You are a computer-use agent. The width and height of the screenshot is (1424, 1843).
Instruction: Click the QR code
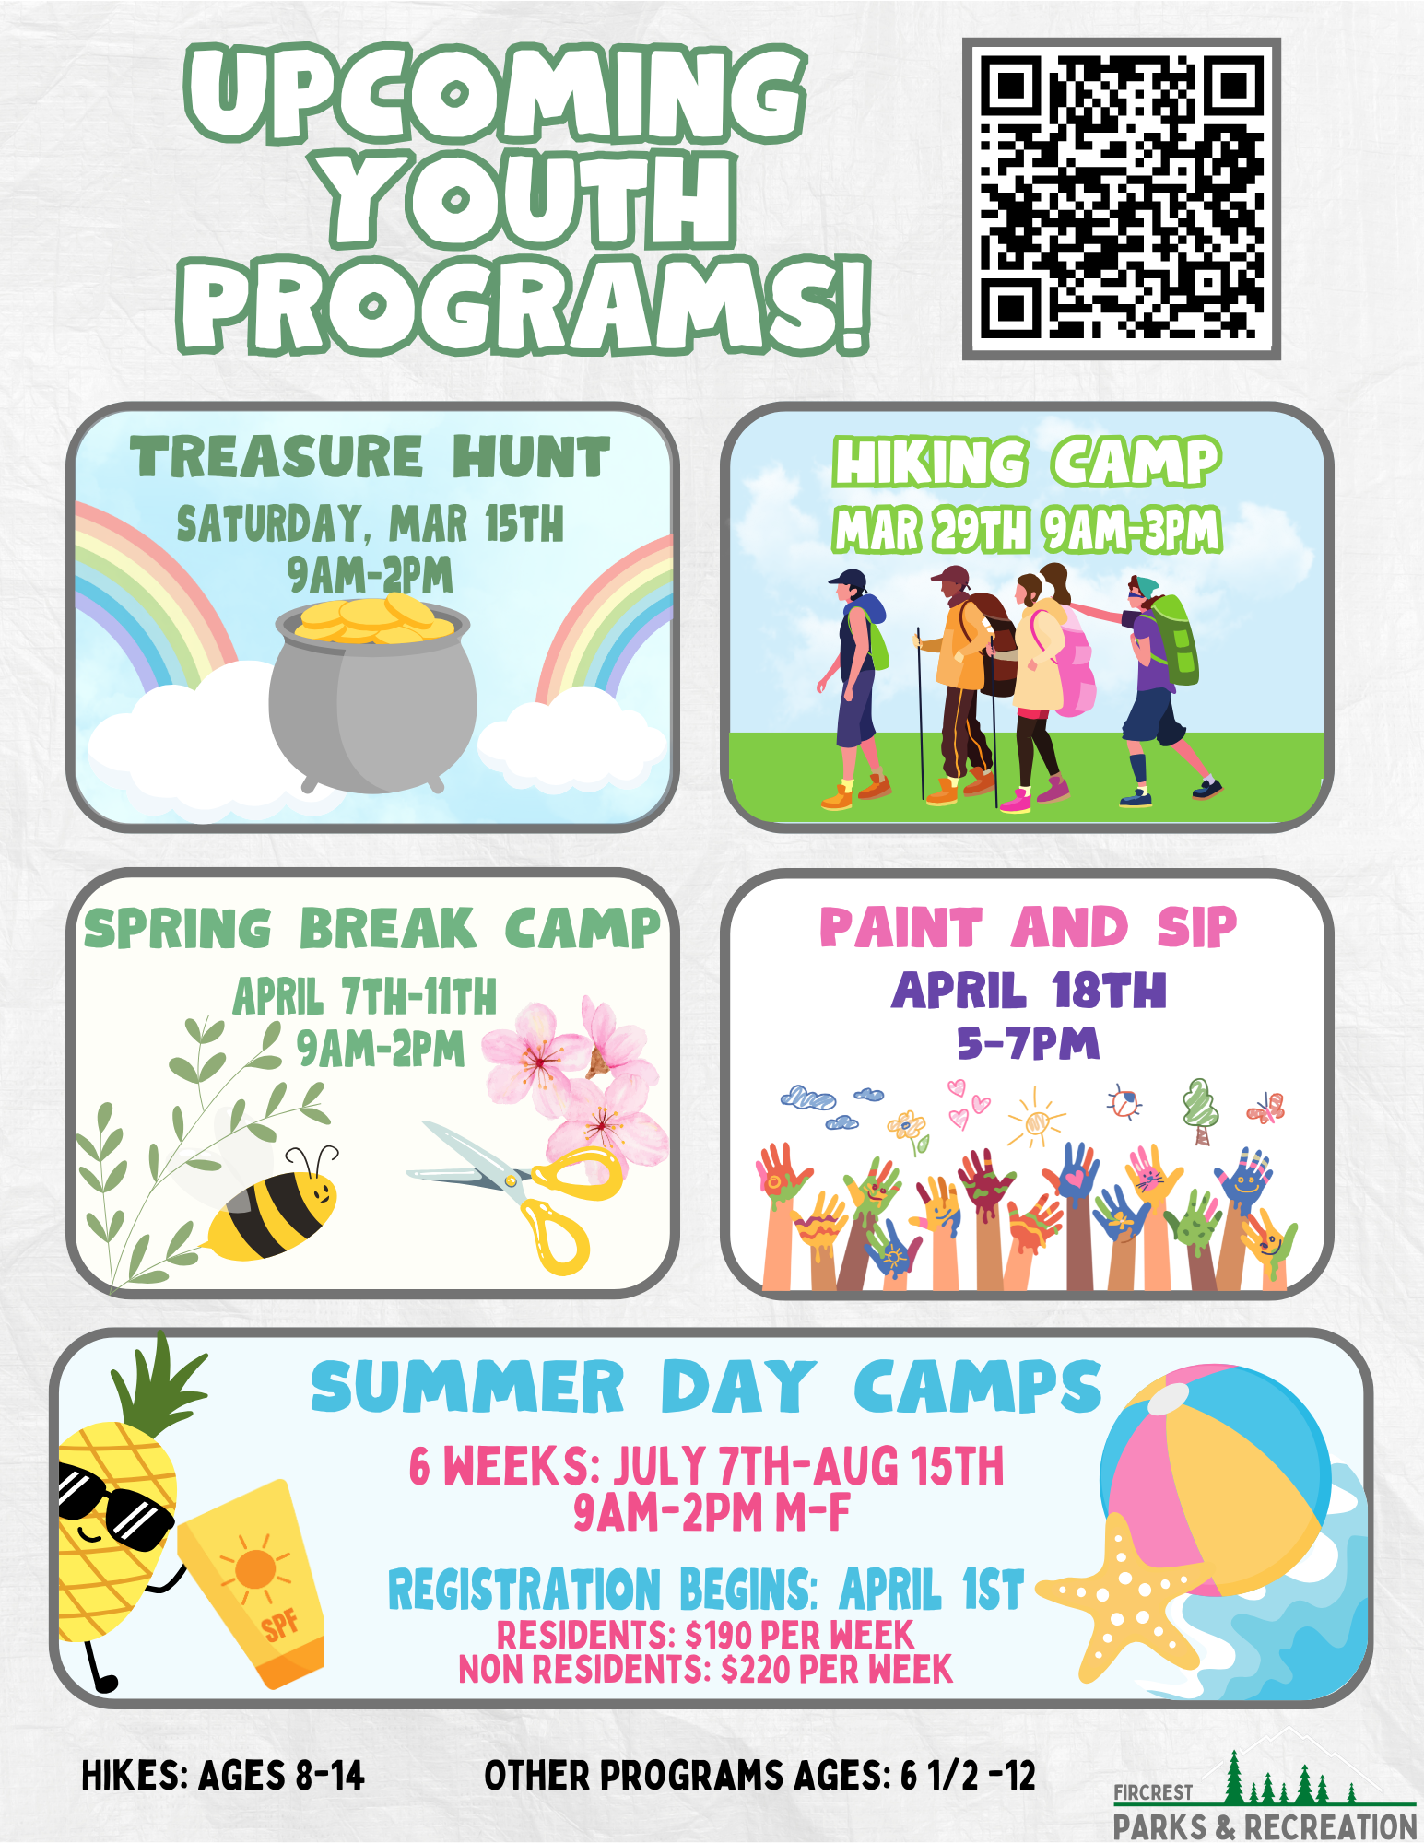(x=1121, y=198)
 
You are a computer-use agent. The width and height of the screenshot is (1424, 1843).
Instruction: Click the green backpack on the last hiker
(x=1173, y=640)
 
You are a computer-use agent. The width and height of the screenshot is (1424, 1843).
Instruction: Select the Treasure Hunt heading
(x=370, y=457)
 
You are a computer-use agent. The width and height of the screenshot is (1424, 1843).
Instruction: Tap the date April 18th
(x=1029, y=991)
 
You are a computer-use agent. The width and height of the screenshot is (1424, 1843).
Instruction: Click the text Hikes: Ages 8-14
(x=223, y=1776)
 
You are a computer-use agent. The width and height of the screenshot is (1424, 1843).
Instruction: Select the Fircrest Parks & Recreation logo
(x=1265, y=1796)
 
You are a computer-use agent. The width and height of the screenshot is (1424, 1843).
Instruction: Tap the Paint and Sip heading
(x=1029, y=927)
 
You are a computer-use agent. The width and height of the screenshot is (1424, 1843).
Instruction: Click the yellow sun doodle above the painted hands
(x=1036, y=1118)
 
